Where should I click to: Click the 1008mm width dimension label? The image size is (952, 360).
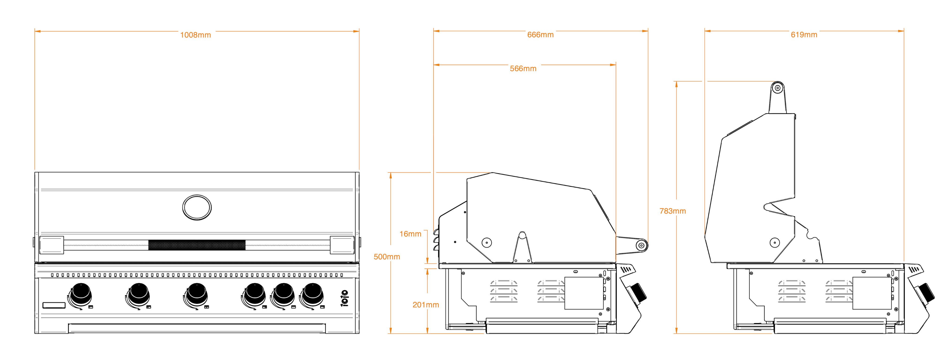click(196, 35)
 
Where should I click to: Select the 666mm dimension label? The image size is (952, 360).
click(540, 35)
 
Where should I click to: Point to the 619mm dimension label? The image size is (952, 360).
click(804, 35)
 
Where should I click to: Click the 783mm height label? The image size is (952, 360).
click(673, 211)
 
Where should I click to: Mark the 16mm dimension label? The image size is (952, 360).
click(410, 234)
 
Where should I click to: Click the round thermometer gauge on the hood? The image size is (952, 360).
click(197, 207)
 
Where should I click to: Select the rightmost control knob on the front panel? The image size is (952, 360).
click(312, 295)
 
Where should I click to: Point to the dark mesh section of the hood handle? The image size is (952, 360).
click(197, 245)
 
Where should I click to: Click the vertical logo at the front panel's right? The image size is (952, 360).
click(344, 298)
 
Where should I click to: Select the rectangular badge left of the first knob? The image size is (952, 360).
click(54, 305)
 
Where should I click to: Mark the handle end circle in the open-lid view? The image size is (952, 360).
click(778, 88)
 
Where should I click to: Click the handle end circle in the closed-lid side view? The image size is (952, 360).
click(642, 245)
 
